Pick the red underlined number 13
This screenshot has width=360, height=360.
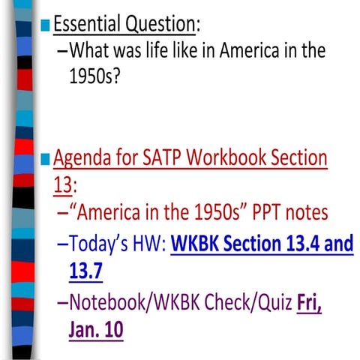(62, 184)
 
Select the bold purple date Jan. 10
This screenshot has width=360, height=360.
(97, 331)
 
